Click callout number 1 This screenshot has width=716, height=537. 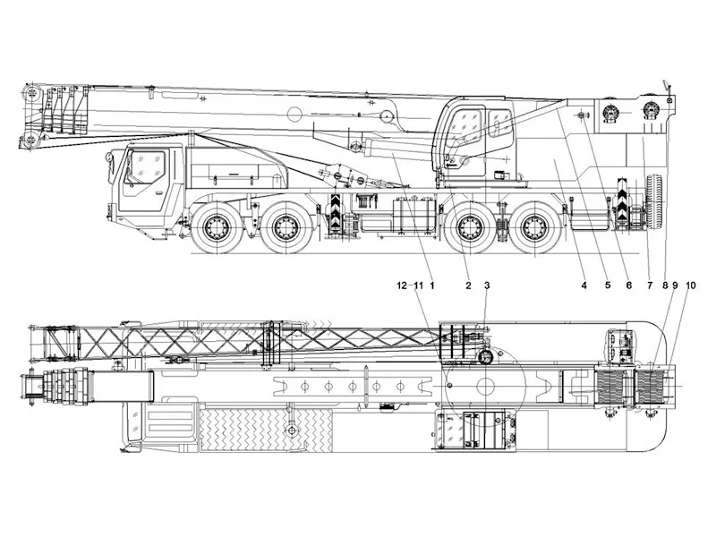click(x=431, y=286)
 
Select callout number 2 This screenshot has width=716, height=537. click(x=468, y=286)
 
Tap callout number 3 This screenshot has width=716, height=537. click(x=487, y=286)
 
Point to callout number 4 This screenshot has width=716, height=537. click(x=584, y=286)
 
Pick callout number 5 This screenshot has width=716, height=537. click(x=608, y=286)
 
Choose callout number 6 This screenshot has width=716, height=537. click(x=629, y=286)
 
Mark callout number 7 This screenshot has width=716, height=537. click(x=650, y=286)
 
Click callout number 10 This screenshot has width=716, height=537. click(x=690, y=286)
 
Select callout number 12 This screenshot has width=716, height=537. click(x=402, y=286)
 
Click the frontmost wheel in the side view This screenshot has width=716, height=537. click(x=216, y=227)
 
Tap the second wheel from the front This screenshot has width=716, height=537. click(x=286, y=227)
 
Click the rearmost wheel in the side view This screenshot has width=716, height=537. click(x=536, y=227)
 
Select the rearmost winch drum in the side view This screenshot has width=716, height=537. click(x=652, y=110)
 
